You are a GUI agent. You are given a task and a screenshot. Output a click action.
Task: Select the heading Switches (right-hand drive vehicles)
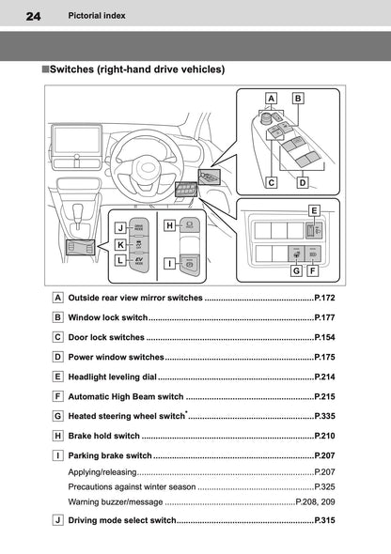tap(136, 69)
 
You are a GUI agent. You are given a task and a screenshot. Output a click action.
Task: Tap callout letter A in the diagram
tap(271, 98)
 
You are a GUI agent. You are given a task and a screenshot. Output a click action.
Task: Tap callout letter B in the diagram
tap(298, 98)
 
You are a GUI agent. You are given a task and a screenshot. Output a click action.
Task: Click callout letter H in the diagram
tap(169, 226)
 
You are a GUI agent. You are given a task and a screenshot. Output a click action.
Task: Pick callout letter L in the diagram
tap(121, 262)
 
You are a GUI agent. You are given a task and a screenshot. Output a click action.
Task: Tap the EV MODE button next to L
tap(138, 263)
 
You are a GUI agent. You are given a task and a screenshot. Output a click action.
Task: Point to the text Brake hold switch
tap(104, 436)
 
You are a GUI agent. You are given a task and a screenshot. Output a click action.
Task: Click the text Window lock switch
tap(107, 317)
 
